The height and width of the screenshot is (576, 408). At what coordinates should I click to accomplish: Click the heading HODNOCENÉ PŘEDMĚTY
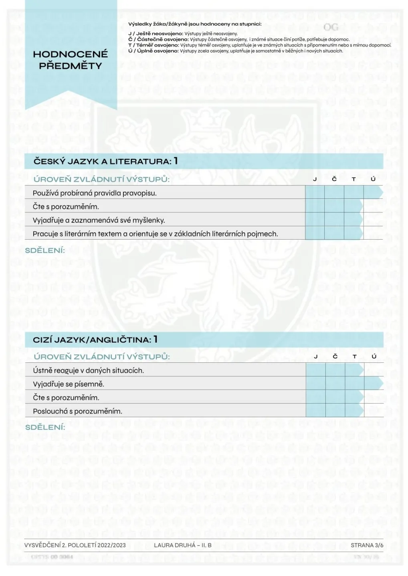[x=71, y=60]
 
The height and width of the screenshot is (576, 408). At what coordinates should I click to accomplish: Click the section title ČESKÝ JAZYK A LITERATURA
[x=103, y=161]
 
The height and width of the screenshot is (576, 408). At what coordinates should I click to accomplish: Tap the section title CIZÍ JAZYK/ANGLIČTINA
[x=92, y=340]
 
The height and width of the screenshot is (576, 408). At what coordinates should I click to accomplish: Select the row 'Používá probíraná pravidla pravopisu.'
[x=95, y=193]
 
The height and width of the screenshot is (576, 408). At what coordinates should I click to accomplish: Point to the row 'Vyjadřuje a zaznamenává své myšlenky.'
[x=99, y=220]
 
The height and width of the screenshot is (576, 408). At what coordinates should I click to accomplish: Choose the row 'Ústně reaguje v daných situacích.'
[x=88, y=370]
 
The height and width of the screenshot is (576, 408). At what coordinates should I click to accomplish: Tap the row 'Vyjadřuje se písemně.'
[x=69, y=384]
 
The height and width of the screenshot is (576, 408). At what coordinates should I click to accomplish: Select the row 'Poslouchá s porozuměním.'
[x=77, y=411]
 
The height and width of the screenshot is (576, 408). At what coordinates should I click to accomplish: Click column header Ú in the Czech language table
[x=373, y=179]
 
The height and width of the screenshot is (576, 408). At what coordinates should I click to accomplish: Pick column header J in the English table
[x=315, y=356]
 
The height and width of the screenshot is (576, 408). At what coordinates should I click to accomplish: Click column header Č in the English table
[x=335, y=356]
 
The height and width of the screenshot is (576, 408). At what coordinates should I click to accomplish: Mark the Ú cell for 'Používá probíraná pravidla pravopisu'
[x=373, y=193]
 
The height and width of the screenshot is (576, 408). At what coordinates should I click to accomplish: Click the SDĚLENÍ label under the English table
[x=45, y=427]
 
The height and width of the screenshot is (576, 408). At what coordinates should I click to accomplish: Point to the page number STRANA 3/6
[x=367, y=545]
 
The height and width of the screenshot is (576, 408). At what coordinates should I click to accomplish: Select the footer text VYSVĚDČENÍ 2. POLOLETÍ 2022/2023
[x=75, y=545]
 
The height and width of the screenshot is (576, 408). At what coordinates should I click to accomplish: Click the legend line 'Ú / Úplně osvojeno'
[x=235, y=51]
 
